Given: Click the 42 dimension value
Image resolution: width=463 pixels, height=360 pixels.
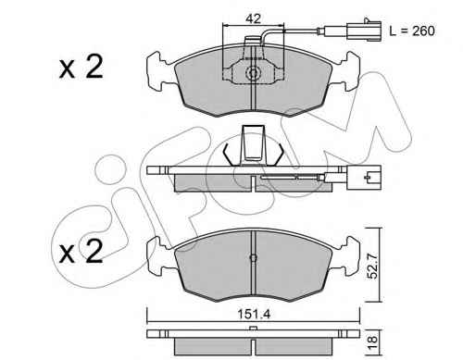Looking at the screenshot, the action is point(253,19).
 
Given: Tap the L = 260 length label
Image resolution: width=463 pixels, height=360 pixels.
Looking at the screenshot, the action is point(412,31).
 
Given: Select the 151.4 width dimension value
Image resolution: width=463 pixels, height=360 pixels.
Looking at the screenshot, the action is point(254,315).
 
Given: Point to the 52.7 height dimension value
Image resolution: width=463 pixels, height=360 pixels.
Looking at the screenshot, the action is point(372,266).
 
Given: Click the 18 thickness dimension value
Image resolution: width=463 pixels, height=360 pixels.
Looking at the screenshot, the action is point(373,342).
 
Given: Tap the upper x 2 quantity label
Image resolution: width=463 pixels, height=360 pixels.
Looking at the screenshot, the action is point(81,68).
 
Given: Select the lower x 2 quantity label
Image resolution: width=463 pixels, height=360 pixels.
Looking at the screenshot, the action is point(81,252).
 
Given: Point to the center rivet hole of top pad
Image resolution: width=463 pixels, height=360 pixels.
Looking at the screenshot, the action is point(253,74).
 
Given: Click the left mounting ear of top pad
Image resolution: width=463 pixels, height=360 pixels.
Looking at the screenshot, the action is point(160,71).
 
